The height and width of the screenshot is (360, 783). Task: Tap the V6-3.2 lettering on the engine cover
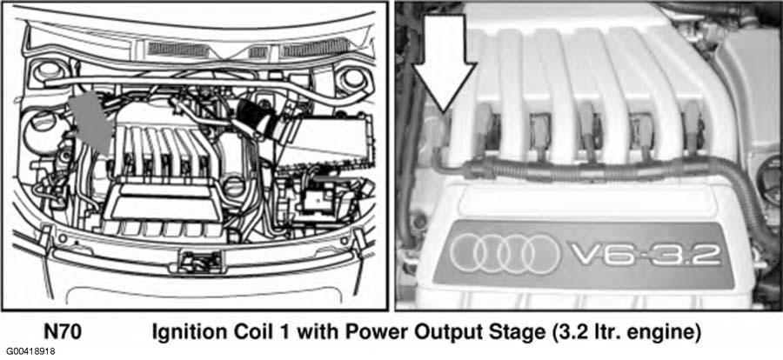click(645, 255)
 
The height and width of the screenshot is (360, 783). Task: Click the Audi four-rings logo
click(505, 254)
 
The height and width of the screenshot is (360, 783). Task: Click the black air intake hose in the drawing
click(258, 119)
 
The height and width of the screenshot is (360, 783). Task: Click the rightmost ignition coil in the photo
click(692, 126)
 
